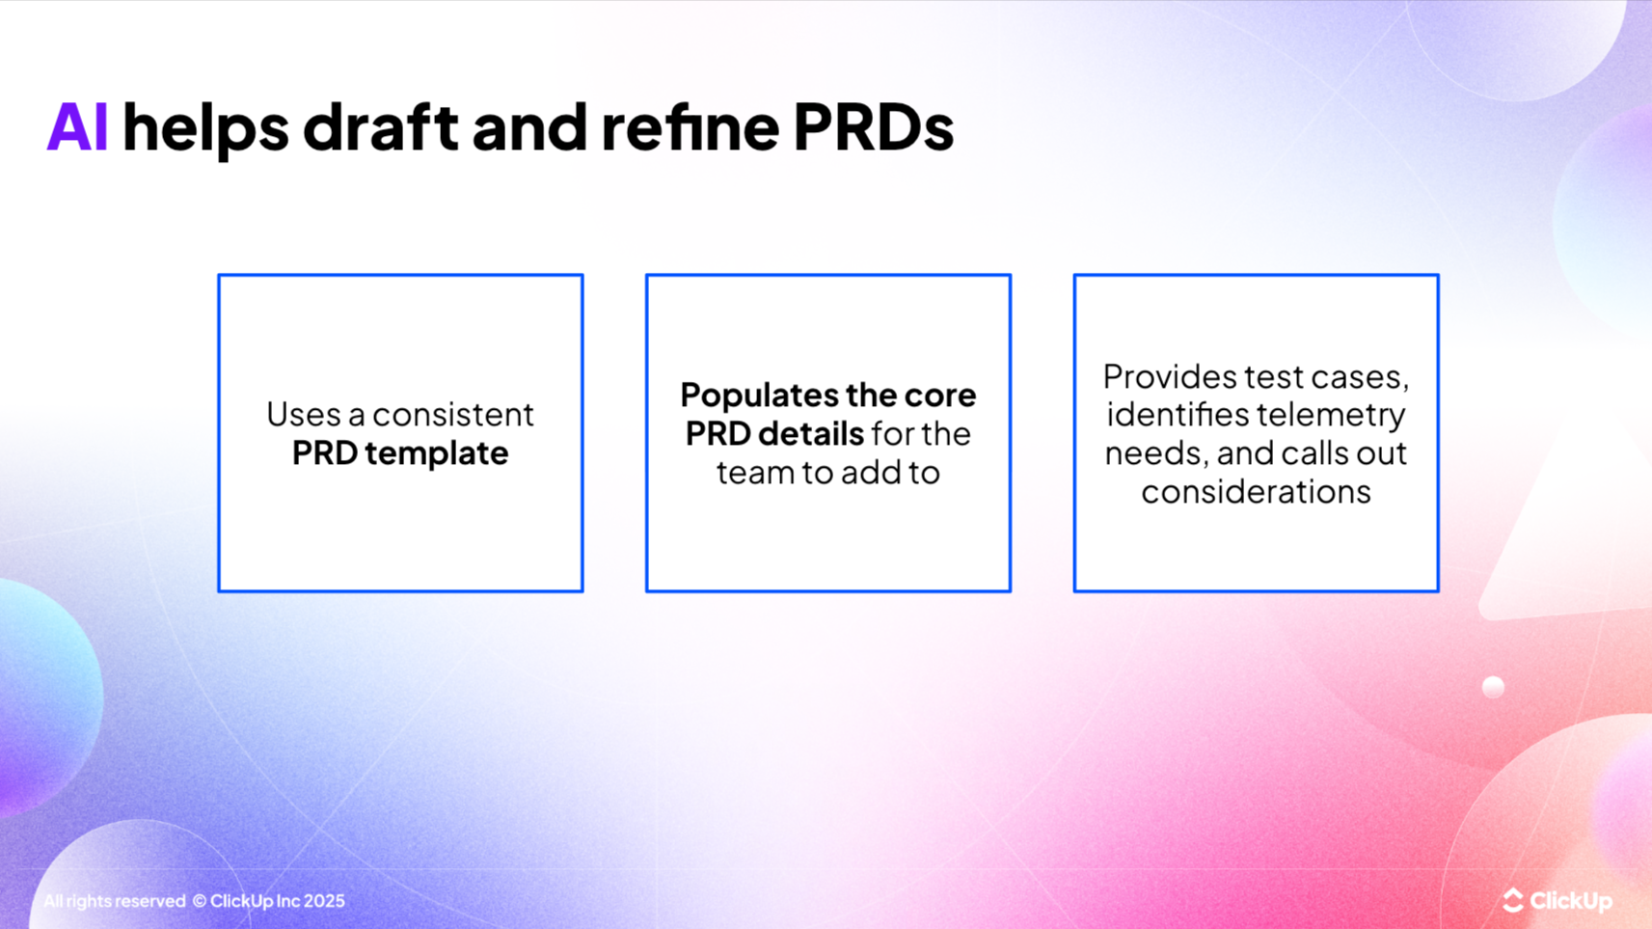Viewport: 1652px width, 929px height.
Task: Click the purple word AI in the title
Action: coord(76,127)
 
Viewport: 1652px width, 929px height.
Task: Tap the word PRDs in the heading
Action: coord(873,127)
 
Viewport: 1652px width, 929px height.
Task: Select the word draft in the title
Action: coord(380,127)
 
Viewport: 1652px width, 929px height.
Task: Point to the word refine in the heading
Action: coord(690,127)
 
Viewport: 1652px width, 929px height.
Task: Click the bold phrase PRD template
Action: coord(400,452)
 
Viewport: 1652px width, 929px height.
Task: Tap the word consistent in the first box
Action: coord(453,414)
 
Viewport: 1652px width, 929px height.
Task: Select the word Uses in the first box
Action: coord(303,414)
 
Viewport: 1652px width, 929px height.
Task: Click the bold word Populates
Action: coord(758,395)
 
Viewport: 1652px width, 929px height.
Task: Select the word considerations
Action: coord(1256,491)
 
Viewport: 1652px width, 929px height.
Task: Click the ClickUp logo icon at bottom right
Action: coord(1512,900)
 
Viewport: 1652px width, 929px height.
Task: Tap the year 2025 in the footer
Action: coord(324,901)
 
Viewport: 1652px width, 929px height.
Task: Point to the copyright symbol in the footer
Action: coord(200,901)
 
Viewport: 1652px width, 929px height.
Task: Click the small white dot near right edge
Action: coord(1493,687)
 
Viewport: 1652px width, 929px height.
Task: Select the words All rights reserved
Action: coord(114,901)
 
